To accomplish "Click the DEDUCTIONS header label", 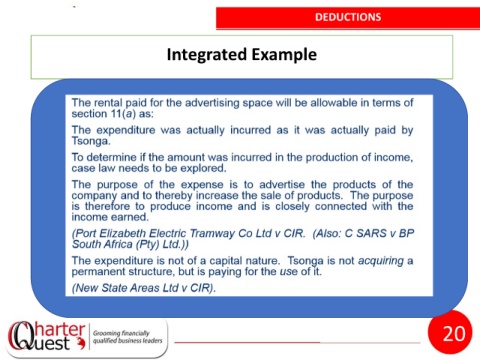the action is coord(348,17).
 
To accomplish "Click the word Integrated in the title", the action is coord(206,55).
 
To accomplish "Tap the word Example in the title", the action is coord(284,55).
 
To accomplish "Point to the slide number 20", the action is coord(454,333).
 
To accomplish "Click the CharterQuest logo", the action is coord(47,337).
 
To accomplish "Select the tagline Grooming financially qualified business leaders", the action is coord(127,337).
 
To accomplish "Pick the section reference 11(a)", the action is coord(123,114).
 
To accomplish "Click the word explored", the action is coord(203,168).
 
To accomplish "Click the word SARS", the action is coord(371,233).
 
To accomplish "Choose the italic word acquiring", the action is coord(381,261).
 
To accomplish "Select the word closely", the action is coord(292,207).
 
